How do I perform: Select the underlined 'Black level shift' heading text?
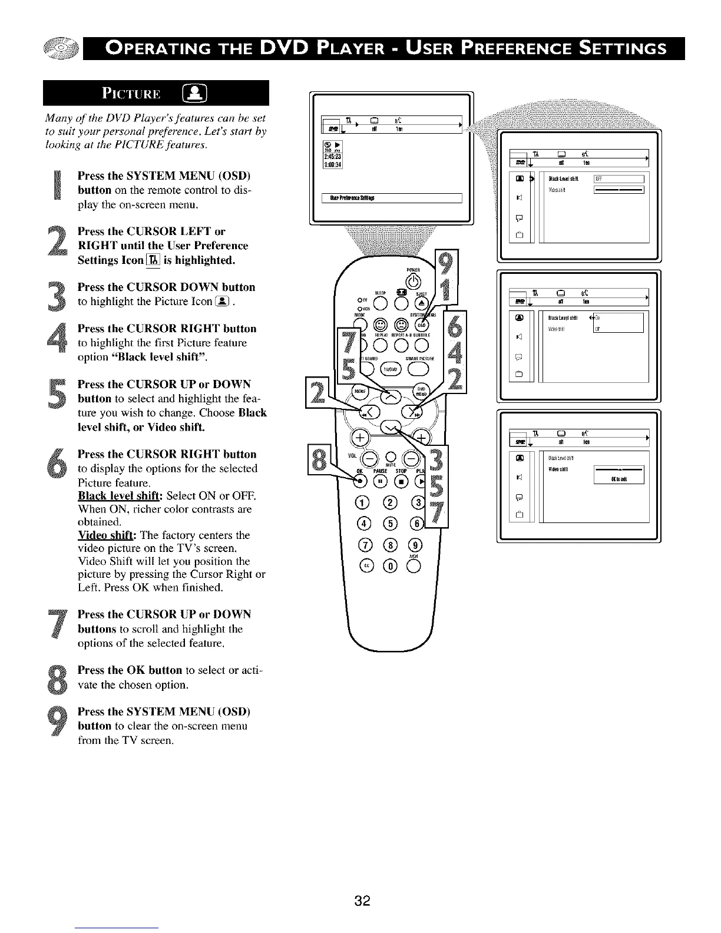[117, 495]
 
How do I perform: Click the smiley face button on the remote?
[380, 325]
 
